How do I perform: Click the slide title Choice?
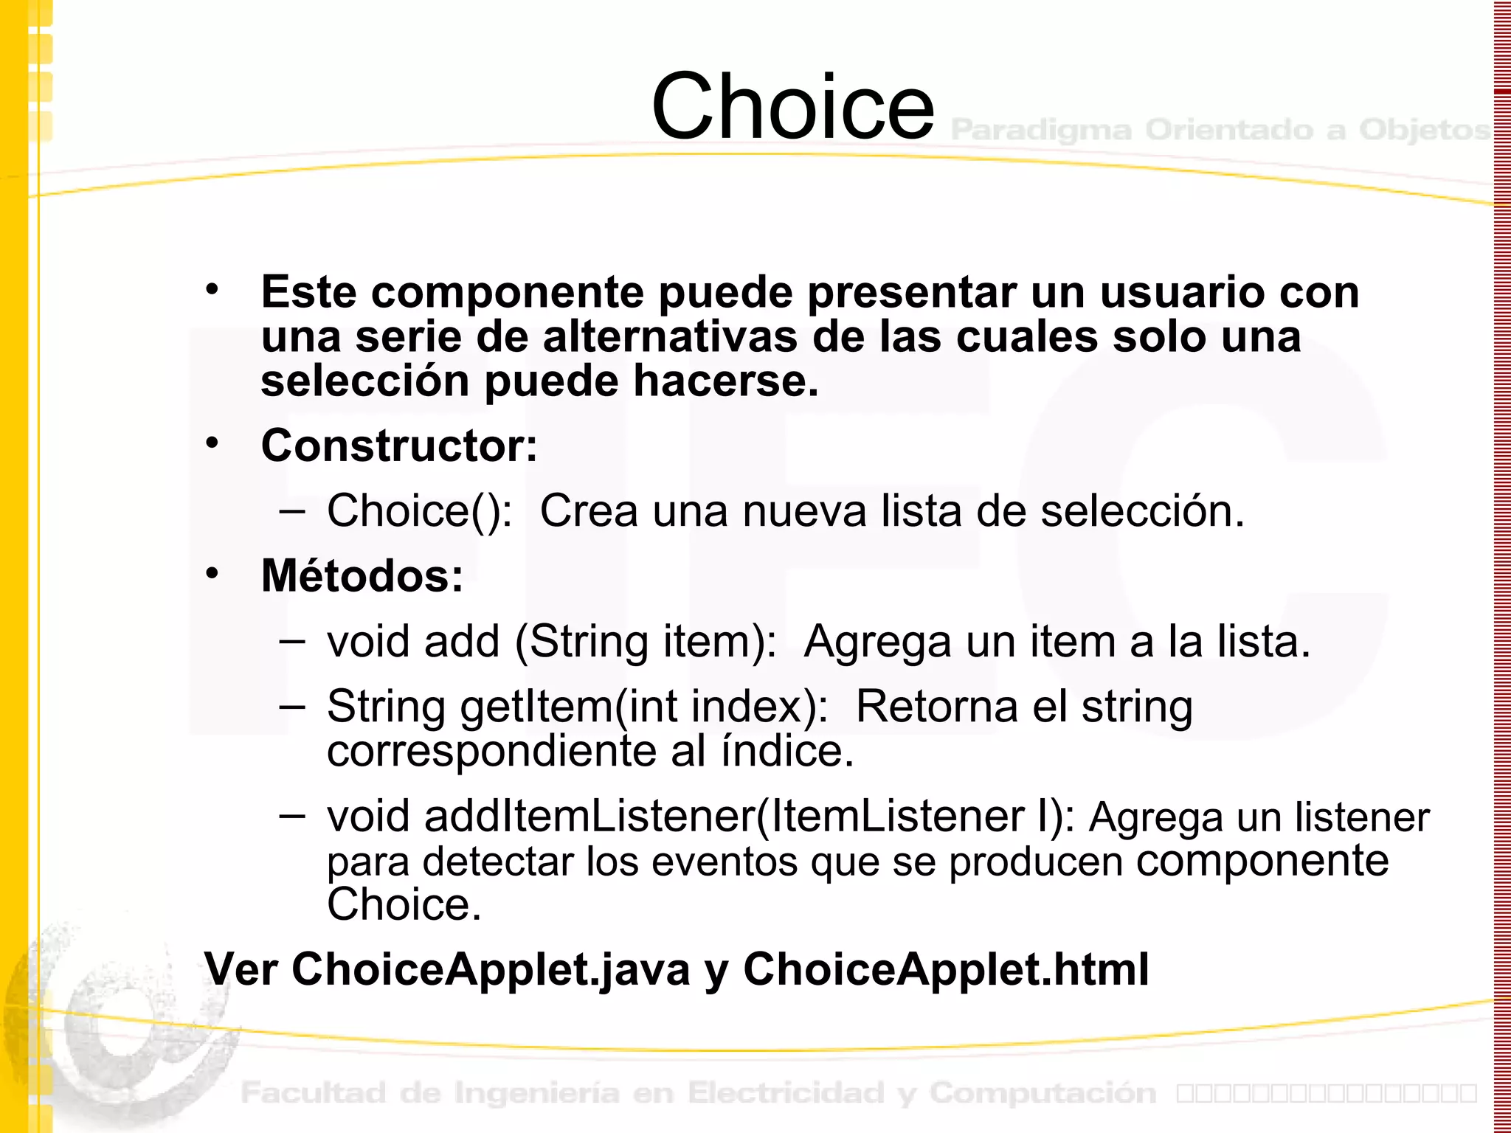coord(792,107)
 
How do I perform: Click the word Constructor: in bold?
coord(399,446)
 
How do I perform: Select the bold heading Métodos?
coord(362,576)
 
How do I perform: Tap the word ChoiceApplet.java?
coord(491,969)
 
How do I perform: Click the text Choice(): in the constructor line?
coord(419,510)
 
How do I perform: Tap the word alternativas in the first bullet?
coord(671,337)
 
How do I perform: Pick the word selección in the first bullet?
coord(365,381)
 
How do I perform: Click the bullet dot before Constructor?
coord(212,443)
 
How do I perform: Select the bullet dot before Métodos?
coord(212,573)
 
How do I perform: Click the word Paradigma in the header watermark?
coord(1041,131)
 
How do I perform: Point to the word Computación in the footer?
coord(1043,1093)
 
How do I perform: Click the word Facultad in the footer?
coord(314,1093)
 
